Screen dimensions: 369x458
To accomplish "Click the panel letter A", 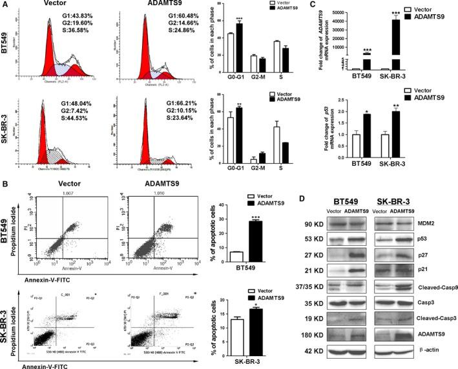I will pyautogui.click(x=5, y=6).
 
